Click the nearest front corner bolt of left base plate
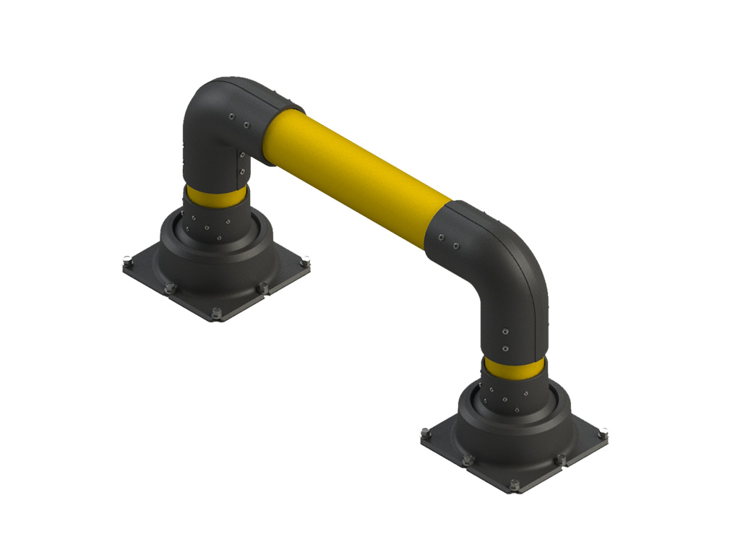tap(216, 313)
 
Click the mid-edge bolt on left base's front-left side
tap(170, 288)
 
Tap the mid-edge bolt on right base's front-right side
tap(560, 459)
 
